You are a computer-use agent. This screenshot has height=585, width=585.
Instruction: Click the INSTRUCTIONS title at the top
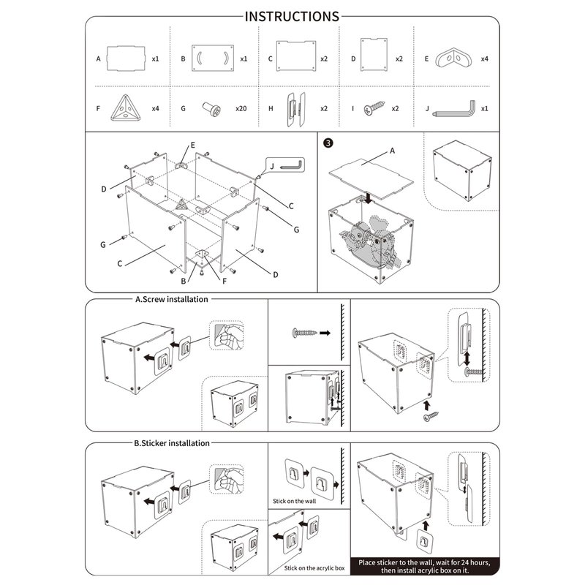pos(292,16)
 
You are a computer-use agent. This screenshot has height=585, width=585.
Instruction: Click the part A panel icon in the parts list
pos(127,57)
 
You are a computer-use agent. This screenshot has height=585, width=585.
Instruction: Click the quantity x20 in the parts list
pos(241,109)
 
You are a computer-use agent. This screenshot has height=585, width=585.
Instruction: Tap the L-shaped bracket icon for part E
pos(455,57)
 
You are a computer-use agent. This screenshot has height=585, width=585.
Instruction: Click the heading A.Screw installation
pos(171,299)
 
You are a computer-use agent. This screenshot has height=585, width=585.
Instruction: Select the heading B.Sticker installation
pos(173,443)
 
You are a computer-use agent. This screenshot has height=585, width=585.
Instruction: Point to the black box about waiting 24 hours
pos(425,567)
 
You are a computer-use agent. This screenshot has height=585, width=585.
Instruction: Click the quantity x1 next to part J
pos(485,109)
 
